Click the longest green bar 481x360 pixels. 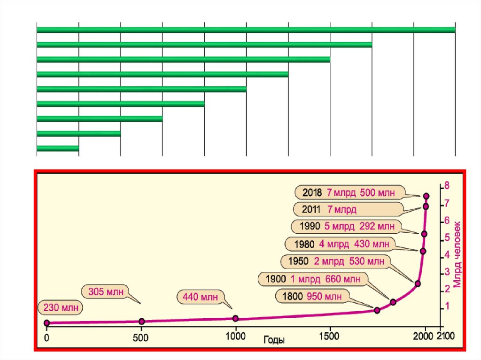point(246,30)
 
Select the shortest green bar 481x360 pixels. point(57,148)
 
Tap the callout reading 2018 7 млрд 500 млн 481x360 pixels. point(349,192)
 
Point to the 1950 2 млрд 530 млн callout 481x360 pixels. point(335,261)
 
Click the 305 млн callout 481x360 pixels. point(105,291)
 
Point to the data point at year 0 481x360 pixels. point(47,323)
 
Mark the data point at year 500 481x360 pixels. point(142,321)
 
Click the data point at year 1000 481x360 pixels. point(235,318)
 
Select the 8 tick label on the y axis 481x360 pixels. point(447,186)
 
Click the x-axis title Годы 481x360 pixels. point(274,339)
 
